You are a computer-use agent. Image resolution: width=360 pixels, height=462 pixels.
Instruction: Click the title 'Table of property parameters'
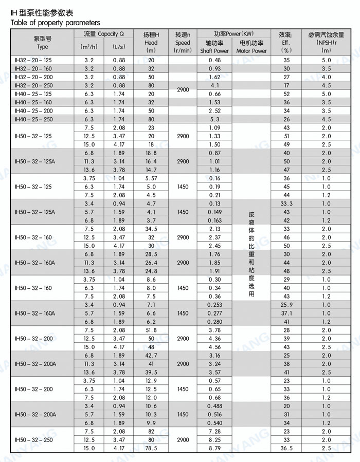(56, 23)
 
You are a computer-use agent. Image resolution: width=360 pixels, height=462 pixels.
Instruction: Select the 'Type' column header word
(42, 47)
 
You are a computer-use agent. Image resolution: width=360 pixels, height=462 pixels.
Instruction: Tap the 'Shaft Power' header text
(214, 51)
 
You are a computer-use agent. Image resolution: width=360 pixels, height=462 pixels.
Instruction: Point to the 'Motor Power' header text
(251, 51)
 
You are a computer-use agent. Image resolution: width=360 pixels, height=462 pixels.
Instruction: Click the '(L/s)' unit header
(119, 47)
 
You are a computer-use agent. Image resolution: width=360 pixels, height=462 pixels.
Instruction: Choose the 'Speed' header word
(183, 43)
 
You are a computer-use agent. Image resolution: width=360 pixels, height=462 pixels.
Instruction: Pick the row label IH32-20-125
(33, 60)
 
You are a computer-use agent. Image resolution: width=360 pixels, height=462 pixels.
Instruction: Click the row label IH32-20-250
(33, 85)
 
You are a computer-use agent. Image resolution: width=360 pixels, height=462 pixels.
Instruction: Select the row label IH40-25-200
(33, 110)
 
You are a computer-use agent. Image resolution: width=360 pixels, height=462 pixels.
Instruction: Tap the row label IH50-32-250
(33, 440)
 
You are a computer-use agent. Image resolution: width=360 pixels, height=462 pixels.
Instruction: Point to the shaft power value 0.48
(214, 60)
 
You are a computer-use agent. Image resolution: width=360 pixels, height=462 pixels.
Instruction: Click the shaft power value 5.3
(214, 119)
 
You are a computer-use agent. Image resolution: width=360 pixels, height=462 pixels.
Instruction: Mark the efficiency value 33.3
(286, 204)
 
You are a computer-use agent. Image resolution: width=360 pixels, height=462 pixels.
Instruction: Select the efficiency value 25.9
(286, 305)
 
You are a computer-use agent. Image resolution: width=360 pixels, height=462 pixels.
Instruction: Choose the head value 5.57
(151, 178)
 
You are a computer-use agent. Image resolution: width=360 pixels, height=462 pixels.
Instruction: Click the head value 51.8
(151, 330)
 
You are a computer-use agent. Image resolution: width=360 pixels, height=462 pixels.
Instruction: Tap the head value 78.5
(151, 448)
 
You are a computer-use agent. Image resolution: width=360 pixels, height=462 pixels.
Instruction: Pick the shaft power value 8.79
(214, 448)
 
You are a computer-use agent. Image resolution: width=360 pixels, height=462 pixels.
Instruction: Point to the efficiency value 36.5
(286, 448)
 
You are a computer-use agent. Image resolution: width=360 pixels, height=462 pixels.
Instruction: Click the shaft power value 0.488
(214, 406)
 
